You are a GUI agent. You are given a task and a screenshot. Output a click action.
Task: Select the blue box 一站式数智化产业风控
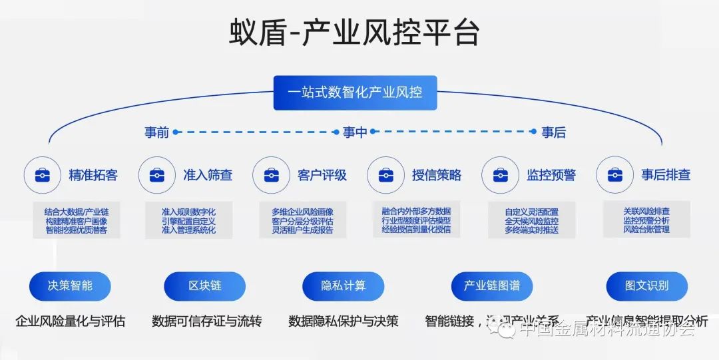355,92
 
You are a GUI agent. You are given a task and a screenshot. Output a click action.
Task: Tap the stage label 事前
156,132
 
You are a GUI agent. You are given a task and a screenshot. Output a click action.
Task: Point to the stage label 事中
355,132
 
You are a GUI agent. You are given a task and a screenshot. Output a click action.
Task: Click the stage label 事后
553,132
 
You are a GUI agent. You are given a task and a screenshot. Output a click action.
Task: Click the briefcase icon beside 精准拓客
42,175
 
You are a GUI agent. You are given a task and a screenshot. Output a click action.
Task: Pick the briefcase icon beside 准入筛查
156,175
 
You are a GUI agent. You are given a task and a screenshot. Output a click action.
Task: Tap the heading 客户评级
322,175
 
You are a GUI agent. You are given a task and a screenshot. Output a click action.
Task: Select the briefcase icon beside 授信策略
385,175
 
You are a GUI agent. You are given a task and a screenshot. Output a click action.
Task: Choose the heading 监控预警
551,175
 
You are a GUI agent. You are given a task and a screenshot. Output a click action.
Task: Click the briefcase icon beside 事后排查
614,175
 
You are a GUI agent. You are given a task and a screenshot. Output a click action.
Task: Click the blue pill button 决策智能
70,286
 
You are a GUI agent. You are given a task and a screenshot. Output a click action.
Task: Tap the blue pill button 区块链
205,286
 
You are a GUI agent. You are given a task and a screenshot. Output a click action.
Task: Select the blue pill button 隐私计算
344,286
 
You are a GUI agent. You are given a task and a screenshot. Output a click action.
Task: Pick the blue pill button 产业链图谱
492,286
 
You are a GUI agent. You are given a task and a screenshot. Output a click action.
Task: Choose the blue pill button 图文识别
646,286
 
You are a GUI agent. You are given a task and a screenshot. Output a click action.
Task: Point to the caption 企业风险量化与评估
70,321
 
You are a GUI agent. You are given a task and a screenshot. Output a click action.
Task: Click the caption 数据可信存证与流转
207,321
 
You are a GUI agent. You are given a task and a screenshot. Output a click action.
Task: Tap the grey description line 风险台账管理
646,230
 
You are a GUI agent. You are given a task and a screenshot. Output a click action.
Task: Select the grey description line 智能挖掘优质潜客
77,230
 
